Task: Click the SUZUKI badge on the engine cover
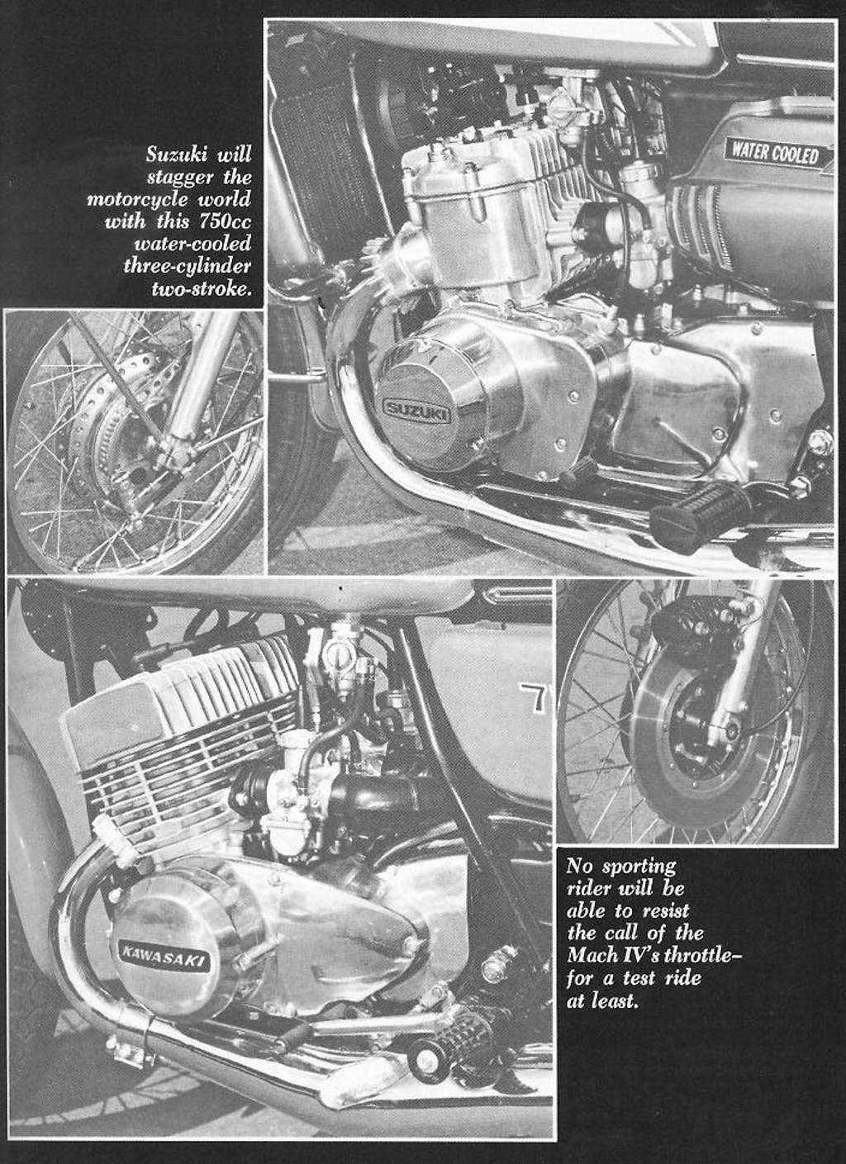pos(416,411)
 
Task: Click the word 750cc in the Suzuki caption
pos(226,221)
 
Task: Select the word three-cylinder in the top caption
pos(188,265)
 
